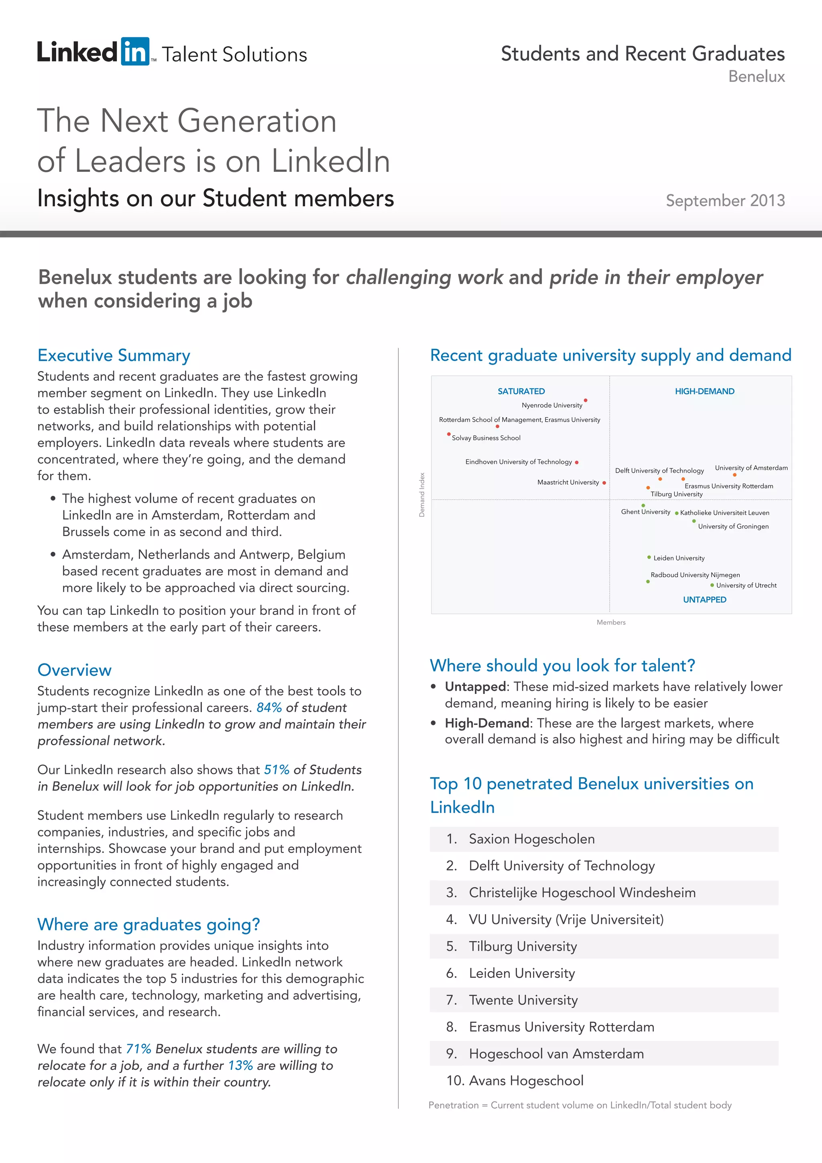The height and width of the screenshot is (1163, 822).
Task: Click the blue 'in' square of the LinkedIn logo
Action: [134, 52]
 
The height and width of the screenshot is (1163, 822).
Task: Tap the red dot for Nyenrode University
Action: [586, 400]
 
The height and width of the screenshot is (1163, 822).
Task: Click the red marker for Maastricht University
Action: [604, 483]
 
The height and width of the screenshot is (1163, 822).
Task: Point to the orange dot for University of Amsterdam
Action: [735, 475]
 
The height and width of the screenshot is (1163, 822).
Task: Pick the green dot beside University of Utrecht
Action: [712, 585]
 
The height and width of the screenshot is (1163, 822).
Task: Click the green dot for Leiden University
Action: [649, 557]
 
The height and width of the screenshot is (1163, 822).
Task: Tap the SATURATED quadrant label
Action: [521, 391]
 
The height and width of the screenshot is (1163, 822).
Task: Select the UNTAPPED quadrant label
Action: [704, 599]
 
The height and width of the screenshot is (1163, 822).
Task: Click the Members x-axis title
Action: [611, 622]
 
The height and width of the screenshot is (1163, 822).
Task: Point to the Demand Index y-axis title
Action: [421, 494]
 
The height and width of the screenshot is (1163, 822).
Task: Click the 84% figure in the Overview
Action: [269, 707]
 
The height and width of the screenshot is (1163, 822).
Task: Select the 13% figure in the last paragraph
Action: [240, 1065]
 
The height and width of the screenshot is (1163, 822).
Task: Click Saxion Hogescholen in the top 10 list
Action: [531, 839]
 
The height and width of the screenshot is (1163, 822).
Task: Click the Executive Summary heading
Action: [114, 355]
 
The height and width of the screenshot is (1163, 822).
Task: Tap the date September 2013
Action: [725, 200]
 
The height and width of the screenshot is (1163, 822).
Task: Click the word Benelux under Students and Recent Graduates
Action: [756, 76]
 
